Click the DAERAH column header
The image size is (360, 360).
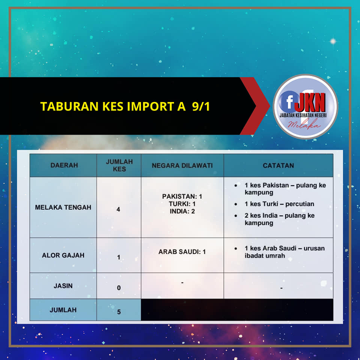[64, 165]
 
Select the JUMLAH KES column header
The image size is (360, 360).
[119, 165]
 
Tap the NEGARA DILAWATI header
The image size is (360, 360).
[182, 165]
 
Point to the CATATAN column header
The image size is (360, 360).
[278, 165]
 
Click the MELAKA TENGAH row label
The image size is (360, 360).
[63, 207]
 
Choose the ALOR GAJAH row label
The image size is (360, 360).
[63, 255]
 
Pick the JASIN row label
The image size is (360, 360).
[63, 286]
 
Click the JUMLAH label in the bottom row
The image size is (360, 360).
[63, 310]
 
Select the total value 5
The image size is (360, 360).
[119, 312]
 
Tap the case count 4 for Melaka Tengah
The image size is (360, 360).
[118, 209]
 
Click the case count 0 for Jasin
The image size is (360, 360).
[119, 288]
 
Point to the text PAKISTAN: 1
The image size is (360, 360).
[182, 196]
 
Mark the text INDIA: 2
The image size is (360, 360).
[182, 211]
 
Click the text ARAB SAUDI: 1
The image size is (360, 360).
[182, 252]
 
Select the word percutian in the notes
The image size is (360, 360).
[300, 204]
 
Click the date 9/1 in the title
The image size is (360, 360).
[201, 106]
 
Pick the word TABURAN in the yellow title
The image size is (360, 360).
[69, 106]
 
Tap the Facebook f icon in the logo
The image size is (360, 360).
[289, 101]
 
